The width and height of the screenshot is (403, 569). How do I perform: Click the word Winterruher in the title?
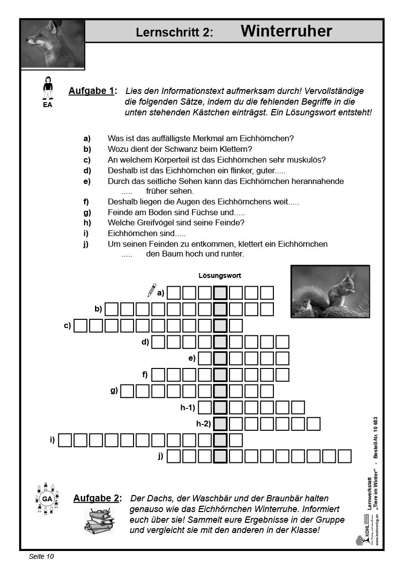pos(286,32)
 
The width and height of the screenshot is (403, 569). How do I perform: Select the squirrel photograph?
pos(330,291)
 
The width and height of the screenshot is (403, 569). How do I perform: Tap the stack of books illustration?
pos(99,520)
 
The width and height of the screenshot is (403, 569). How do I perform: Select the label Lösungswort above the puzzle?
pos(220,275)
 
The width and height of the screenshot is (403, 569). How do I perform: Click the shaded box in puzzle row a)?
pos(220,293)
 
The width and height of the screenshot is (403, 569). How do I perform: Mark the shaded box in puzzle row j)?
pos(220,456)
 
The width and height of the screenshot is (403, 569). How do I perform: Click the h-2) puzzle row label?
pos(203,424)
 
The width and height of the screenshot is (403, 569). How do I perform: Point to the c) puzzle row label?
pos(67,325)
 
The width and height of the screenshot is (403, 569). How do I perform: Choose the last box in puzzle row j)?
pos(345,456)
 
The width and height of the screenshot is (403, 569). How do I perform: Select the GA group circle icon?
pos(47,499)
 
